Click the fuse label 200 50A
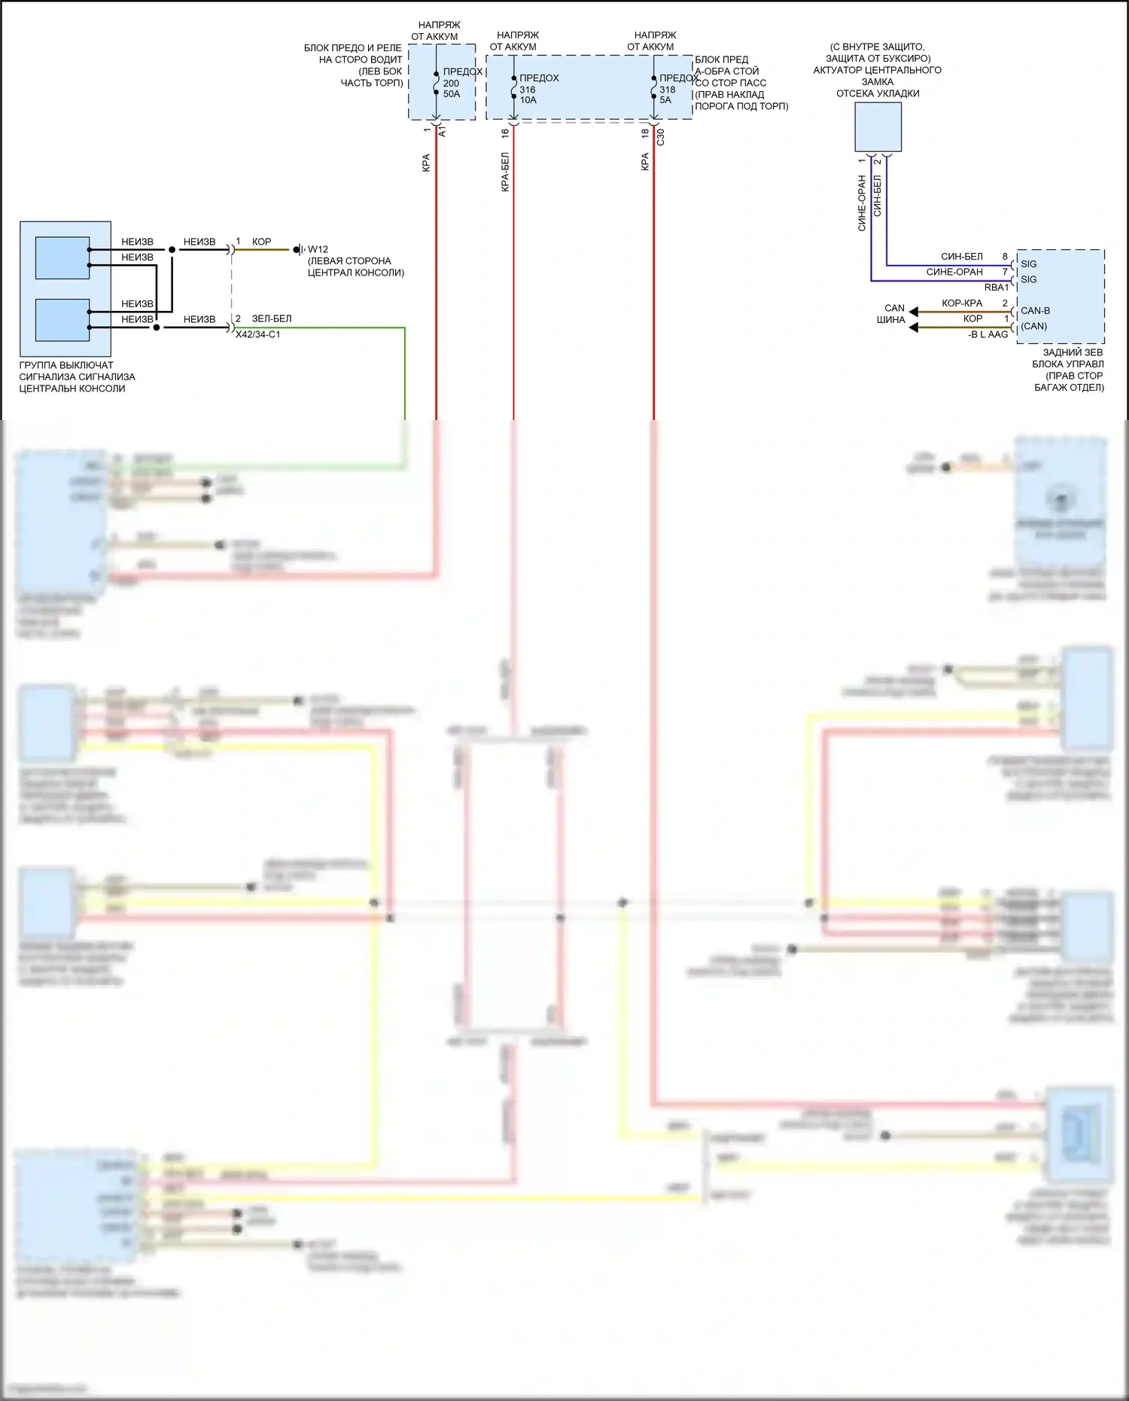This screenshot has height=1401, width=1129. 452,89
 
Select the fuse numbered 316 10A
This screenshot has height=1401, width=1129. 528,95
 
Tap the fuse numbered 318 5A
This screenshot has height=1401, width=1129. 667,95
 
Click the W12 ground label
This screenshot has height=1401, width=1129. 318,249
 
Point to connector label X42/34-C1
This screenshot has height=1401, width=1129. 257,334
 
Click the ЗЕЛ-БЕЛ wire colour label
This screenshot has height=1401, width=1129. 271,318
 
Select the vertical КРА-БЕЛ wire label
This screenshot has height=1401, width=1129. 505,172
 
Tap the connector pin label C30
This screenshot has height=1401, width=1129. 661,136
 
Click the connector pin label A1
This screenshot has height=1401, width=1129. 443,132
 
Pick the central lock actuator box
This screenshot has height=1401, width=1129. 878,126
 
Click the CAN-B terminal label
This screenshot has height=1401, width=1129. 1035,310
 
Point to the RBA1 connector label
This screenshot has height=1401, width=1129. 996,288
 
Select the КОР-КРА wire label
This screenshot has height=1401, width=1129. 961,303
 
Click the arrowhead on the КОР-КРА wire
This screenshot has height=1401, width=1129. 913,312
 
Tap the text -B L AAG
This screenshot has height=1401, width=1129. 987,334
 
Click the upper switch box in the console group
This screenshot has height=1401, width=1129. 62,257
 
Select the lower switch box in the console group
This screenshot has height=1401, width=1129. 62,319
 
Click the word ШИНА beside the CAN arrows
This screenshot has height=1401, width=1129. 890,320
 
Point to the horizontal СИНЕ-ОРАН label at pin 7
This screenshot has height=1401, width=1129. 954,272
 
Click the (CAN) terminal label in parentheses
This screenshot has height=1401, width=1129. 1033,326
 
